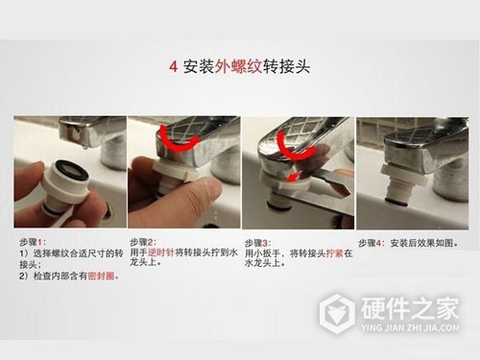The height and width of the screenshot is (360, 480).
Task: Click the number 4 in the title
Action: click(172, 67)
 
